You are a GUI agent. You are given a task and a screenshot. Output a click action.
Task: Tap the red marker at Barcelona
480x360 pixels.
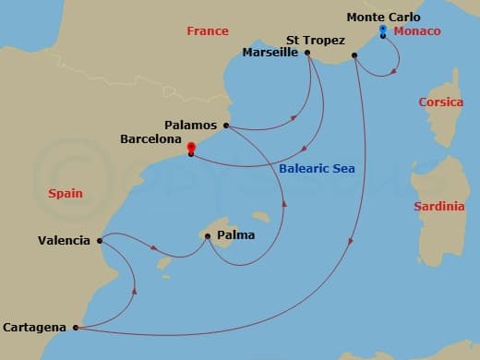[x=190, y=147]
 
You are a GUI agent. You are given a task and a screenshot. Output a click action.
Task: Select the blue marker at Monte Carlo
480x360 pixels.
[x=382, y=30]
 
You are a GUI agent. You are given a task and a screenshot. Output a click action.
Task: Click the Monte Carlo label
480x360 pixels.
[x=383, y=17]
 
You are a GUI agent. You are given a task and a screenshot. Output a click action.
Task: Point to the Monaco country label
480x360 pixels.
[x=418, y=31]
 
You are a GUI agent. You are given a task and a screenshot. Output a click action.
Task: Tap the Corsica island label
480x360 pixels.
[x=441, y=102]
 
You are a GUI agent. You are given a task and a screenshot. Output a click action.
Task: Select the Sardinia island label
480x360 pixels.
[x=438, y=206]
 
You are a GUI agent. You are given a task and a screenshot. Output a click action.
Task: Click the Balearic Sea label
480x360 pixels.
[x=317, y=169]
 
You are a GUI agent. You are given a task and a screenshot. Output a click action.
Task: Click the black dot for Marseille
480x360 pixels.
[x=307, y=53]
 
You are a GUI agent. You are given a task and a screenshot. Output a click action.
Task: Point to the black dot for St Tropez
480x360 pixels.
[x=355, y=56]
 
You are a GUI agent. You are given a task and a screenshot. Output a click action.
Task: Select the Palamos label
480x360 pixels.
[x=190, y=125]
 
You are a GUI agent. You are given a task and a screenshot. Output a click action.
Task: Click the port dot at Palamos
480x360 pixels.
[x=225, y=125]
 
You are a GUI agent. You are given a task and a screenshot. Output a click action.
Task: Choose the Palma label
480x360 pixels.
[x=236, y=235]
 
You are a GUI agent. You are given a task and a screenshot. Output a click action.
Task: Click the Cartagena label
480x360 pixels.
[x=34, y=327]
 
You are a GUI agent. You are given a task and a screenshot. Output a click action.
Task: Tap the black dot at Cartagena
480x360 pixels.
[x=75, y=327]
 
